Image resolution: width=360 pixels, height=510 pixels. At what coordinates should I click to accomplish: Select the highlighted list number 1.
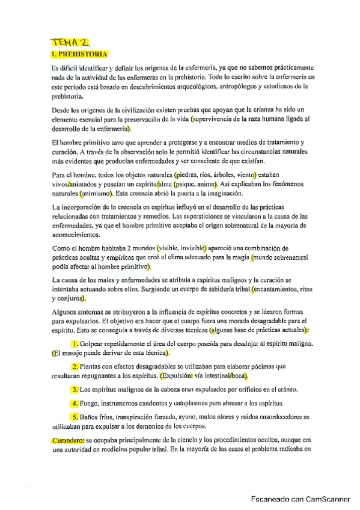click(x=75, y=343)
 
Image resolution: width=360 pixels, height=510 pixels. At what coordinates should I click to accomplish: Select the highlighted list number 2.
click(x=75, y=366)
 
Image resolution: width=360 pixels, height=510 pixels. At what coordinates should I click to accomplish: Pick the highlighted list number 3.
click(x=75, y=389)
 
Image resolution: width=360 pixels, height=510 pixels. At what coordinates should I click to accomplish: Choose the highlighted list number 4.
click(x=75, y=403)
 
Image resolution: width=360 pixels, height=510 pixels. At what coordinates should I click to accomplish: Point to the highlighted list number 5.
click(x=75, y=416)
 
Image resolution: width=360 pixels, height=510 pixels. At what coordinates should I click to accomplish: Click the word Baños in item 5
click(x=91, y=416)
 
